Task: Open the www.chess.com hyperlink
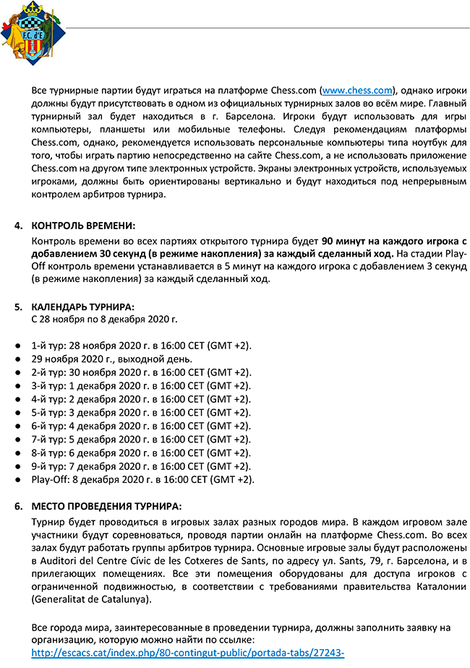[x=357, y=90]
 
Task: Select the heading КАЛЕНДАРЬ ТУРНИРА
[x=82, y=307]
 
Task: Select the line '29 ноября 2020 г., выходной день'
[x=111, y=359]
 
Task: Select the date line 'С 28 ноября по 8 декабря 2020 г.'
[x=105, y=318]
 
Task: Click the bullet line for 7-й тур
[x=141, y=439]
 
